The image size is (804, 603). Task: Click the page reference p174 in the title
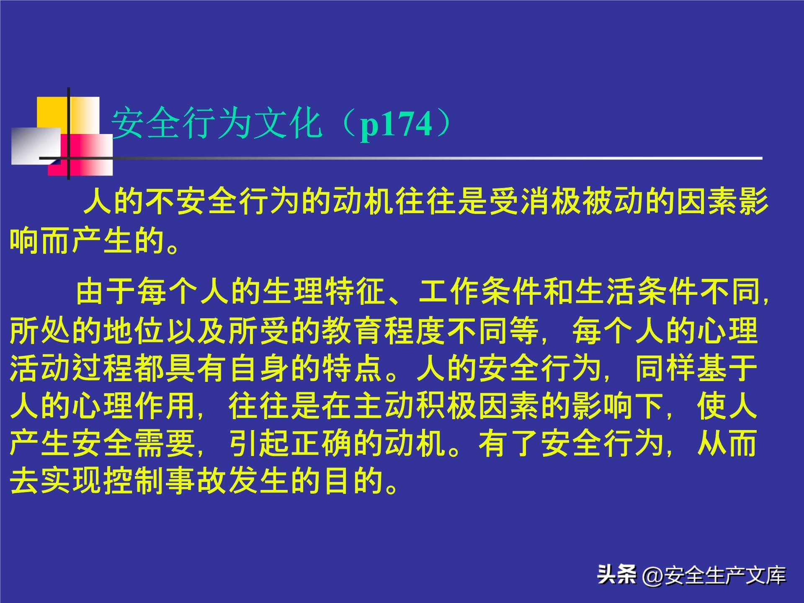click(x=396, y=124)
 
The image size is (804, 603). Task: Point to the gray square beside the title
click(x=35, y=145)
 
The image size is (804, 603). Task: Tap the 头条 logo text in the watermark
click(x=617, y=574)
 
